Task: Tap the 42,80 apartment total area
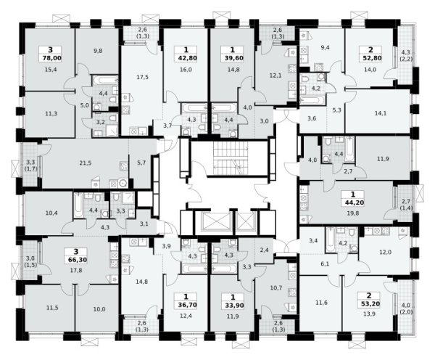coord(186,58)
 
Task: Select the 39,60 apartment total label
coord(233,58)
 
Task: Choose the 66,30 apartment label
coord(76,260)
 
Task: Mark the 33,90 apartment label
coord(233,305)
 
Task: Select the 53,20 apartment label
coord(370,303)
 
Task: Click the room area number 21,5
coord(85,163)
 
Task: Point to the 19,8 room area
coord(353,213)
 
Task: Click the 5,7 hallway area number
coord(141,163)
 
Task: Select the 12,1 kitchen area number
coord(275,75)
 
